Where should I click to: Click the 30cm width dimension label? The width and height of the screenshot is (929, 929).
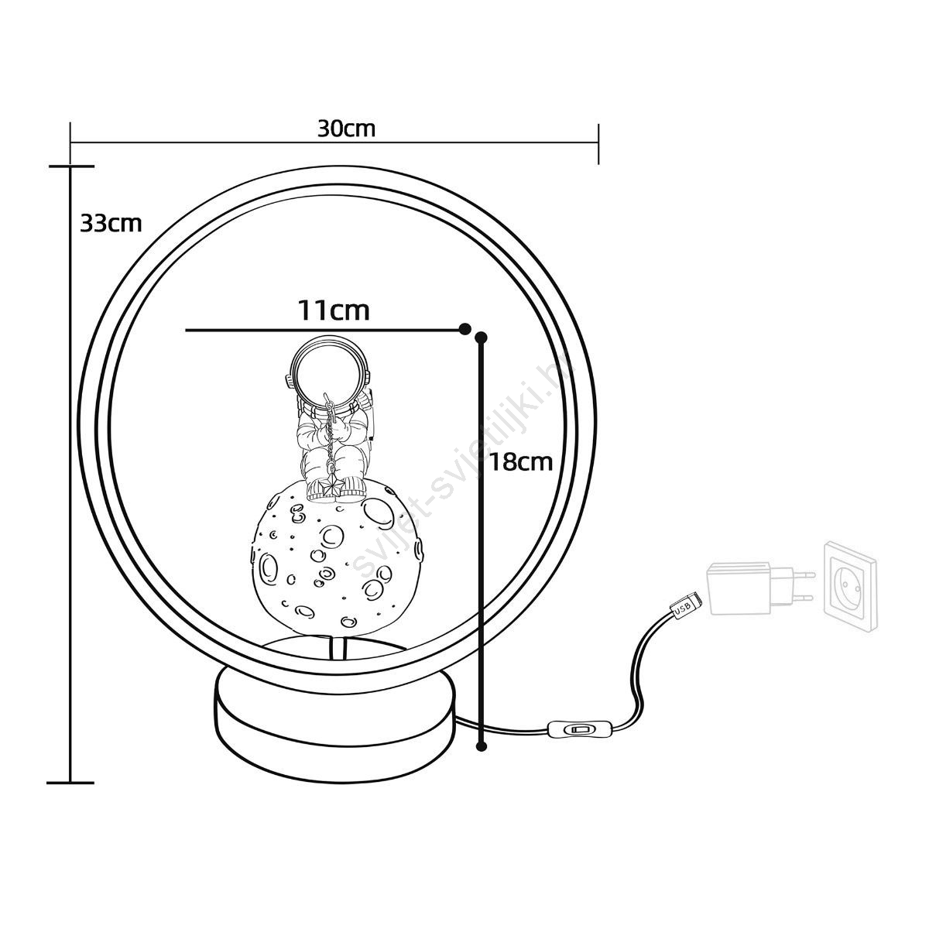(x=346, y=129)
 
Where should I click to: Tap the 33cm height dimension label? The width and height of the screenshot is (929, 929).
(x=111, y=223)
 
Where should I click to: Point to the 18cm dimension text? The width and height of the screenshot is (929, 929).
(x=521, y=462)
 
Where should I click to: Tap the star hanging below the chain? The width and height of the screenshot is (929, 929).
(x=331, y=488)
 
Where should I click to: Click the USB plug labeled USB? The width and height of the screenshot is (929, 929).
(x=686, y=606)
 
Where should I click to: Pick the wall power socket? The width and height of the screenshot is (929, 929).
(x=850, y=585)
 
